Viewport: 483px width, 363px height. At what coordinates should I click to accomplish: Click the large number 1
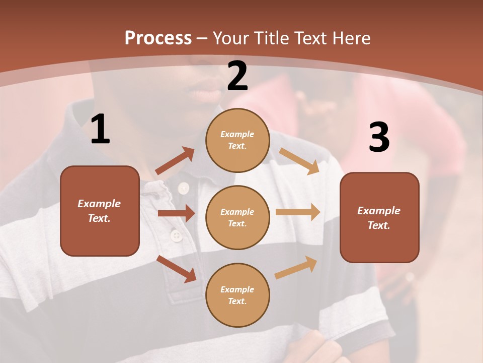100,130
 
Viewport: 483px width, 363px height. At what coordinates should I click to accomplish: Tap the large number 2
237,76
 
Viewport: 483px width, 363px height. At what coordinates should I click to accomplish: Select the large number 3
379,137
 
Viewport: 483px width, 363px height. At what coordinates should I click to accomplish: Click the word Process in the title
158,38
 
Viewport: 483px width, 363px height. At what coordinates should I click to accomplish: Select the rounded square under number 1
100,211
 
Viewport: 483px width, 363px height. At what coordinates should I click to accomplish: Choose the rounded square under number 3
379,217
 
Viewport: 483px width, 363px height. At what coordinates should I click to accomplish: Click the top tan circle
237,140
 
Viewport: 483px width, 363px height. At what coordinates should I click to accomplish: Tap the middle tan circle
237,217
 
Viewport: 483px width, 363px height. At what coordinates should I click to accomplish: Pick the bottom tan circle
237,295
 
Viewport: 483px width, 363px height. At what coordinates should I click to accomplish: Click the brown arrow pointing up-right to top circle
175,161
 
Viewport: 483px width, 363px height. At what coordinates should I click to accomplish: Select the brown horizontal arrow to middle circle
176,213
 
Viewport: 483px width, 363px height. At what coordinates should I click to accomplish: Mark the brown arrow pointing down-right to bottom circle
177,269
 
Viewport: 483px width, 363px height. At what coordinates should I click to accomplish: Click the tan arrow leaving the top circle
299,161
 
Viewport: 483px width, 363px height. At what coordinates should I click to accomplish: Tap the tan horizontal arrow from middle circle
298,212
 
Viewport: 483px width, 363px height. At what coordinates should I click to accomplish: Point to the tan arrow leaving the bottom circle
296,267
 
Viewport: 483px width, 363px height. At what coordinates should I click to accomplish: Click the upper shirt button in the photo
183,189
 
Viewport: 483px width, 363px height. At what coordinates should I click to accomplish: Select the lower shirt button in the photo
176,235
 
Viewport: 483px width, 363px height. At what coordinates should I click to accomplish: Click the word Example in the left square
99,204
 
